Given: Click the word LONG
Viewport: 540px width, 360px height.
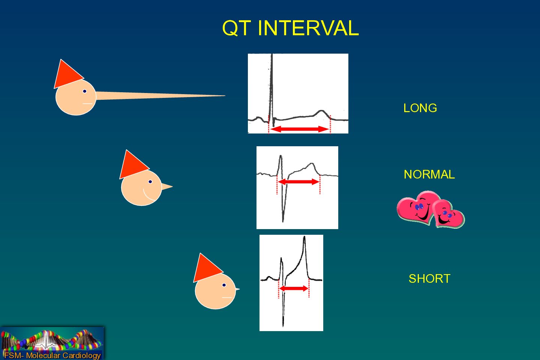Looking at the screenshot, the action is (420, 108).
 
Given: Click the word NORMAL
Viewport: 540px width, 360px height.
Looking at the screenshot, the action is (429, 174).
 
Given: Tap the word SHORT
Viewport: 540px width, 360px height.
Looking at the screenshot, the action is (429, 279).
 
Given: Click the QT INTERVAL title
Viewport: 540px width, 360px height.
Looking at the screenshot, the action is (291, 28).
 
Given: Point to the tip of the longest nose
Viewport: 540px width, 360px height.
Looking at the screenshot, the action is (225, 96).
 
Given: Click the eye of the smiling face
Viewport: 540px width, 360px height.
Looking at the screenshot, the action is (150, 181).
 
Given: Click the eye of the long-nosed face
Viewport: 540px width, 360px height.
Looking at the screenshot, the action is (85, 91).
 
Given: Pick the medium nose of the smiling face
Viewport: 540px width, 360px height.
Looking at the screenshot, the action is (167, 186).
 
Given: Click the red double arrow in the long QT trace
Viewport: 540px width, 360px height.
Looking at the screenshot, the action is (300, 129).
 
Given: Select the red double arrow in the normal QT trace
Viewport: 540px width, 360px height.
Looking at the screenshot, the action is (298, 181).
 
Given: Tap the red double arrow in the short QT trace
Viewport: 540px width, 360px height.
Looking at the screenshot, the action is (294, 288).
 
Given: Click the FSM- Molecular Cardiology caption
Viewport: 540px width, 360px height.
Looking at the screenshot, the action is (52, 355).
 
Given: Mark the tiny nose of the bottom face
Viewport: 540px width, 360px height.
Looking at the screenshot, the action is (237, 289).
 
